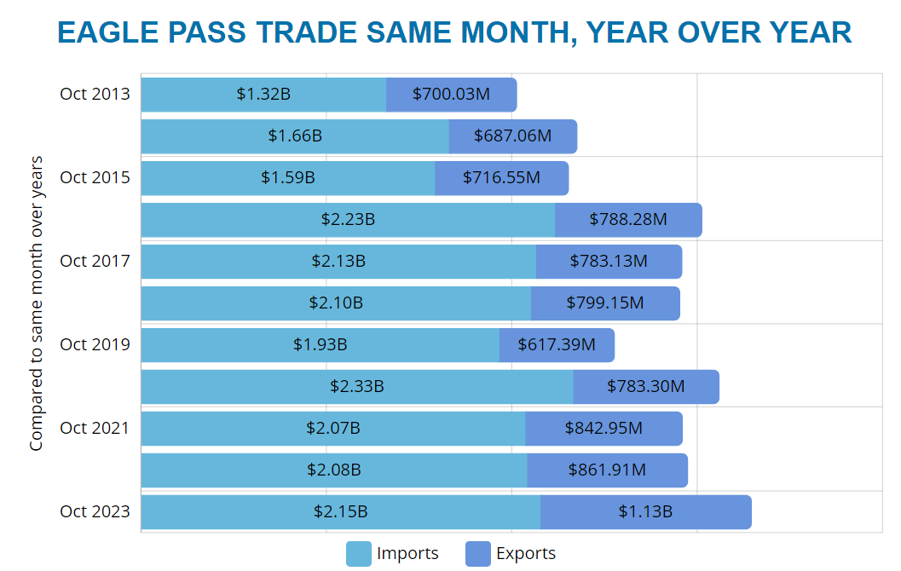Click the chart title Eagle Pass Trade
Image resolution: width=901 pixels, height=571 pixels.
tap(454, 32)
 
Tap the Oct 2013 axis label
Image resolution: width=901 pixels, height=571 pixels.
tap(95, 94)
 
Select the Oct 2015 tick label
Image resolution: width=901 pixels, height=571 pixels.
tap(95, 177)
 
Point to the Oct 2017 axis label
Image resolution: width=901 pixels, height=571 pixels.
tap(95, 261)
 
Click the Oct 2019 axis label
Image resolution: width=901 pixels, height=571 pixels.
tap(95, 344)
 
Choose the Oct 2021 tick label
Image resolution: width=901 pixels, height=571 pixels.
tap(95, 428)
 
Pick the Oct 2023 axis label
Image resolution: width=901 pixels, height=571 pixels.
tap(95, 511)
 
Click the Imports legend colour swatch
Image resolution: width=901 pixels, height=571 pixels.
tap(359, 554)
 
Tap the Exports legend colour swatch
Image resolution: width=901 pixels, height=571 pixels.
tap(478, 554)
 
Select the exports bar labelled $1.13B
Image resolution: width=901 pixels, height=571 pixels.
tap(645, 512)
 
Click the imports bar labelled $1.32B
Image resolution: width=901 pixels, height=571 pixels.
tap(263, 95)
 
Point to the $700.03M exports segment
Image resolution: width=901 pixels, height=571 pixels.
tap(451, 95)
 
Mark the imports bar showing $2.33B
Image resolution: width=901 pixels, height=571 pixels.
tap(357, 387)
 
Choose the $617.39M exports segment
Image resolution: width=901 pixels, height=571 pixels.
tap(557, 345)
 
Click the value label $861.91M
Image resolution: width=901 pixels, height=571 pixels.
tap(607, 470)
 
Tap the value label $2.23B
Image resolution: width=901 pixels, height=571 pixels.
tap(348, 220)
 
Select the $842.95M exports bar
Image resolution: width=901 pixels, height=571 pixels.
tap(604, 428)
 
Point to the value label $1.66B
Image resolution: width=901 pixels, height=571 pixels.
tap(295, 136)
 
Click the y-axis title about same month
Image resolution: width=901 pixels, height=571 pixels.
tap(36, 303)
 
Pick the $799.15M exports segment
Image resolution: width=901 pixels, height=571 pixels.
tap(605, 303)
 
